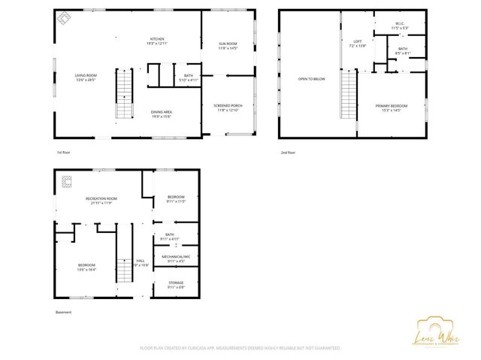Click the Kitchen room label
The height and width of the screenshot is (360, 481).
(x=157, y=41)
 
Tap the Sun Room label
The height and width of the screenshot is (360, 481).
(x=228, y=46)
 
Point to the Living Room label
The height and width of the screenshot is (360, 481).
(x=85, y=77)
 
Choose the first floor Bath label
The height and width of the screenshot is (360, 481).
(x=189, y=77)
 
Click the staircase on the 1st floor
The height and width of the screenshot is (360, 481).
(x=124, y=93)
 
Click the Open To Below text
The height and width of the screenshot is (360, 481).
(x=311, y=78)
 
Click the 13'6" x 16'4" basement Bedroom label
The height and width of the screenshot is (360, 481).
(x=86, y=267)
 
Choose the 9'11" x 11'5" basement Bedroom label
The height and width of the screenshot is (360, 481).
(x=175, y=199)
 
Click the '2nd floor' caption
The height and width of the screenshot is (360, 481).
(x=287, y=153)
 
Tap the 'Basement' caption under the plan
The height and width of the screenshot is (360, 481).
(x=63, y=312)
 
